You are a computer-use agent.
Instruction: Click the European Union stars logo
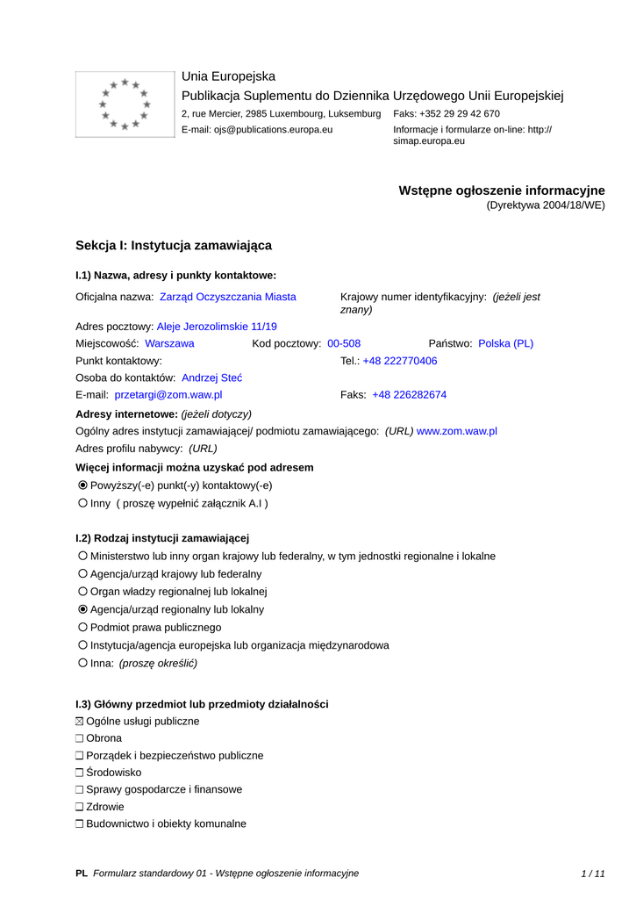tap(125, 104)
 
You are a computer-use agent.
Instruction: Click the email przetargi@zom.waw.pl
tap(168, 395)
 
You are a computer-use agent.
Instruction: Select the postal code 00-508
tap(344, 343)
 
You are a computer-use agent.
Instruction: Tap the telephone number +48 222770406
tap(400, 361)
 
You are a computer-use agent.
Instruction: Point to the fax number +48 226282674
tap(409, 395)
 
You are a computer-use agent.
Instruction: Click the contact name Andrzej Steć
tap(211, 378)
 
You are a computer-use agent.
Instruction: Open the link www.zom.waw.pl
tap(457, 431)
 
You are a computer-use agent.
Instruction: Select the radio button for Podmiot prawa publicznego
tap(82, 628)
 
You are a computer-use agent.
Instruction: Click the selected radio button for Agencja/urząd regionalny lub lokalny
tap(82, 609)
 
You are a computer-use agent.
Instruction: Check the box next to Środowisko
tap(80, 773)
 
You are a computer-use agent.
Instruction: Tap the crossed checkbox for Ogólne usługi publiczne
tap(80, 722)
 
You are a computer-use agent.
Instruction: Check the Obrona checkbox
tap(80, 739)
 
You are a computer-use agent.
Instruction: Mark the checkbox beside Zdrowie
tap(80, 807)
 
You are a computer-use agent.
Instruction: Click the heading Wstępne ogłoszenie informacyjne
tap(502, 191)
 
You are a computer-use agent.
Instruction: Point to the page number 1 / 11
tap(593, 874)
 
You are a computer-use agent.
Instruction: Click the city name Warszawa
tap(169, 343)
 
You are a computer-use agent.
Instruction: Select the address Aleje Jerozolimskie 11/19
tap(217, 326)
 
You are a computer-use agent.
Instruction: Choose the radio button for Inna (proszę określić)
tap(82, 663)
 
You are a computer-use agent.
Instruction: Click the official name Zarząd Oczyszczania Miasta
tap(227, 297)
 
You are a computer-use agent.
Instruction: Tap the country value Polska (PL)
tap(505, 343)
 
